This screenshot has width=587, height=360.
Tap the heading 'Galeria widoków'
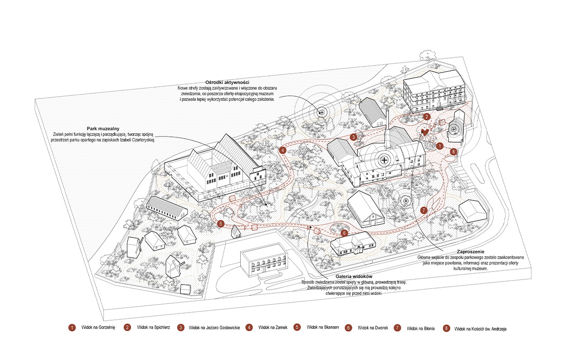pos(354,276)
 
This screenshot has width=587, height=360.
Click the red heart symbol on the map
pos(424,132)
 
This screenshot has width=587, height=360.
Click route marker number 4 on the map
pos(283,150)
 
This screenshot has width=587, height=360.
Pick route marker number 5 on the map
pos(220,223)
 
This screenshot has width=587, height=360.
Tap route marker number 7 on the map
pos(423,210)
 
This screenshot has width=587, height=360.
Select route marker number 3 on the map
pos(354,136)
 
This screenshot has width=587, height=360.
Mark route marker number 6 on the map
pos(344,233)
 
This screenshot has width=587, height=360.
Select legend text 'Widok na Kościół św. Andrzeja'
pos(480,329)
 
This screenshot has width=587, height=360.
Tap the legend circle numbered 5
pos(297,327)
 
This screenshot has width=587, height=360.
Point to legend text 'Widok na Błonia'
pos(420,328)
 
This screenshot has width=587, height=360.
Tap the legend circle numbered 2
pos(128,327)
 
